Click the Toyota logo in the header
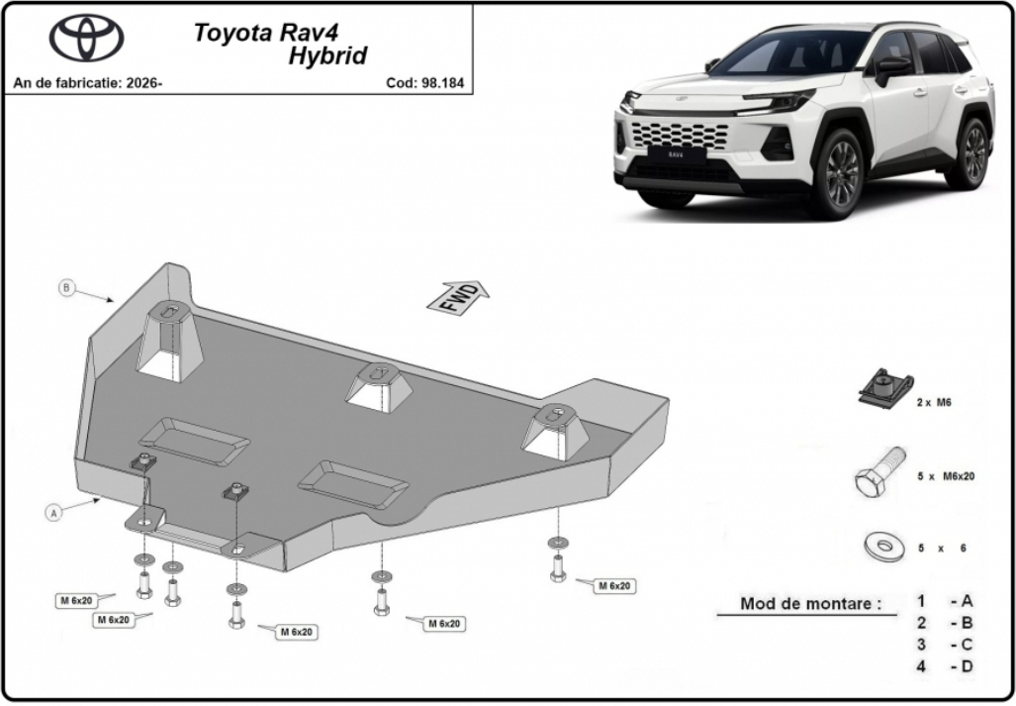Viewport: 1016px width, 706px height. tap(87, 38)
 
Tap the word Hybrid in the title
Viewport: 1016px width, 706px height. tap(327, 55)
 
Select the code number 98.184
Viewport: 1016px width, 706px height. tap(442, 83)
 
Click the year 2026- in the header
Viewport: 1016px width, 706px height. tap(144, 83)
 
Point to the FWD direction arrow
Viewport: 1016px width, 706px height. tap(458, 298)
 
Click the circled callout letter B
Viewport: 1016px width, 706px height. tap(66, 287)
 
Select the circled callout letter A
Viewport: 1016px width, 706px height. tap(54, 512)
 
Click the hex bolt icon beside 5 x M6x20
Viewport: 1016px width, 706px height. tap(879, 473)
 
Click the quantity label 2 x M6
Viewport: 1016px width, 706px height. tap(934, 402)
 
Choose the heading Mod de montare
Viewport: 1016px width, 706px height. tap(810, 604)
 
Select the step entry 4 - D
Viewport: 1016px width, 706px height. tap(945, 665)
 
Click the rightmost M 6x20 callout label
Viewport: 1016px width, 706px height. tap(614, 585)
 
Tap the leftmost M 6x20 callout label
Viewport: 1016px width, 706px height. tap(76, 601)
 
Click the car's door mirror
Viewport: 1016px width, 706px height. tap(892, 69)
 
